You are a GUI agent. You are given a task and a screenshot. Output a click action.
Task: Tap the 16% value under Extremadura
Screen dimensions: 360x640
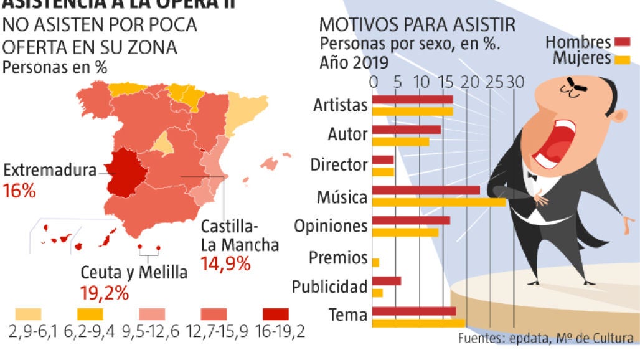tap(19, 191)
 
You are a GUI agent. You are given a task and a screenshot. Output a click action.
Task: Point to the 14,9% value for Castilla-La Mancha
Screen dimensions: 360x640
tap(225, 264)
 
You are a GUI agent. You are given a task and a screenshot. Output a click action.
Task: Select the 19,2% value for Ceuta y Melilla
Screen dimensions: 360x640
tap(104, 293)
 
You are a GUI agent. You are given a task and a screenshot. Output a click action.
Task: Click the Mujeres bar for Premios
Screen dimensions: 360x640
tap(375, 262)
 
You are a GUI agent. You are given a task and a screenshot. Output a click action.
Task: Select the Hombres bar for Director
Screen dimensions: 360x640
tap(383, 160)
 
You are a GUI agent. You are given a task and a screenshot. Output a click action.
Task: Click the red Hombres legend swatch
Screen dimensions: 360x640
tap(622, 42)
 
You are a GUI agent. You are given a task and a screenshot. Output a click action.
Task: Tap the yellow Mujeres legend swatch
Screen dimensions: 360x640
tap(622, 59)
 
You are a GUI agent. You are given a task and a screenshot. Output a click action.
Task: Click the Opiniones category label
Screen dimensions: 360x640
tap(331, 225)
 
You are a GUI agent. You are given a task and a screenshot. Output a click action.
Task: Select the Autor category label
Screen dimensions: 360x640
tap(347, 134)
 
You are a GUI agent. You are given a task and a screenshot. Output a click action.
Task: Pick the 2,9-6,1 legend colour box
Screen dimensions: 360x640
tap(26, 313)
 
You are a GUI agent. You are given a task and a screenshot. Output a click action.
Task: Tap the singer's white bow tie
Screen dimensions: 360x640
tap(532, 176)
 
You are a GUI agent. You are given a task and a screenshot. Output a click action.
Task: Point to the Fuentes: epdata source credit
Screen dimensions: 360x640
tap(546, 339)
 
